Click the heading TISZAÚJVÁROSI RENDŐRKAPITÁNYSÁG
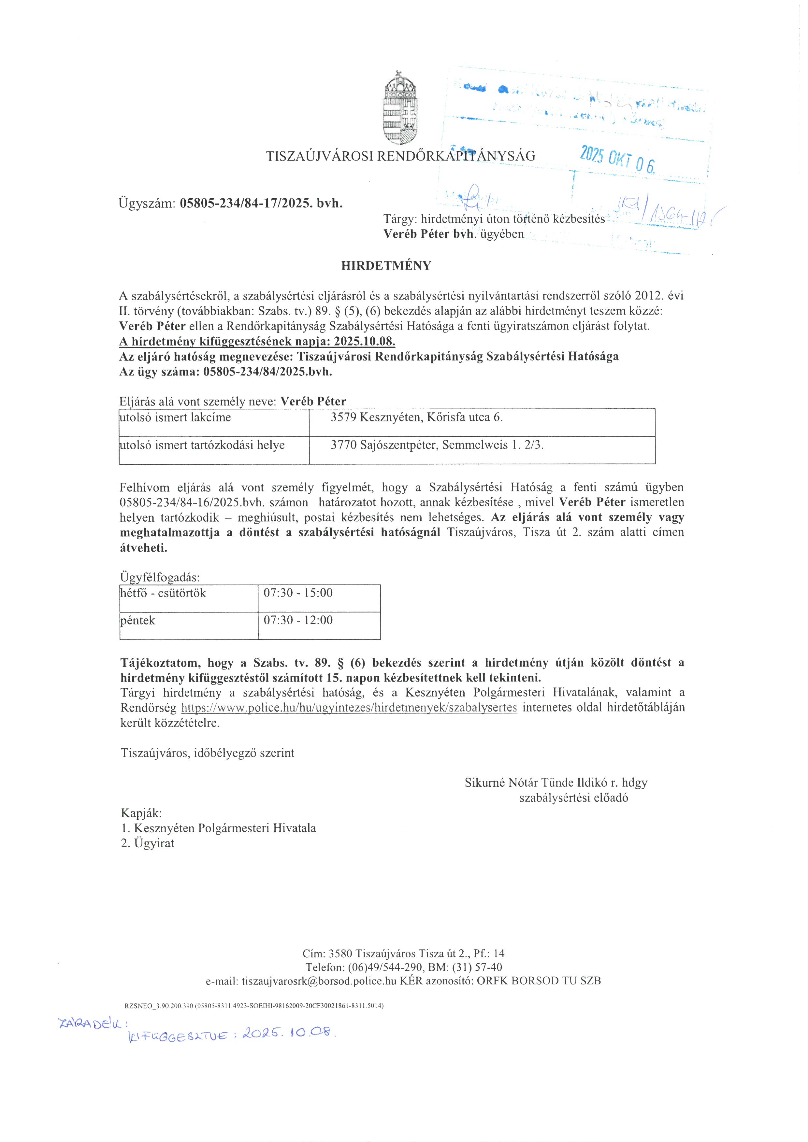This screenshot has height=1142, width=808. point(400,156)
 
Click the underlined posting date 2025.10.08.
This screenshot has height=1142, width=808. point(364,341)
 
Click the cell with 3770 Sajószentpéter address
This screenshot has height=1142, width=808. point(437,445)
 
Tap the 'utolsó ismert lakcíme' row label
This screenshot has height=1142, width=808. point(175,417)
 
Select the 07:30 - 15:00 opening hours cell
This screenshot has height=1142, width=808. point(298,593)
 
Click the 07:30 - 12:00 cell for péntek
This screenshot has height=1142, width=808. point(298,620)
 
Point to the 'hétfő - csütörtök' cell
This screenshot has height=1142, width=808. point(163,593)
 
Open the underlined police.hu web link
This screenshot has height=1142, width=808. point(349,707)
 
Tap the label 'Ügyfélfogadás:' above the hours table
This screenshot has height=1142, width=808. point(160,577)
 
